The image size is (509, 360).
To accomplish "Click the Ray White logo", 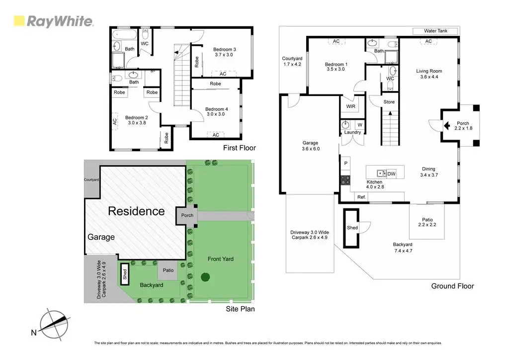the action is [x=53, y=21].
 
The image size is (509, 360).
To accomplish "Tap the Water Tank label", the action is [x=435, y=31].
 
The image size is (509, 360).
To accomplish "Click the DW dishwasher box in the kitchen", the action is [x=391, y=174].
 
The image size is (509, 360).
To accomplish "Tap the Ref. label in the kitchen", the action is [x=361, y=197].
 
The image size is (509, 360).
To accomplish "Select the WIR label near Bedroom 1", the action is [x=350, y=106].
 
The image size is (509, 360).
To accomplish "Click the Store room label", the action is [x=389, y=102].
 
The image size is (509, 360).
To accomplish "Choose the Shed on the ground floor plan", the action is [x=352, y=228].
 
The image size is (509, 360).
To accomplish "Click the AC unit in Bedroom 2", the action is [x=115, y=121].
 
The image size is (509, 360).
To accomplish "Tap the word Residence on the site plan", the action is [x=136, y=211].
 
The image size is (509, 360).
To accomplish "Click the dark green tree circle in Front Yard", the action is [x=205, y=277].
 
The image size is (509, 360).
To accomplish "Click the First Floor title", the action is [x=239, y=148].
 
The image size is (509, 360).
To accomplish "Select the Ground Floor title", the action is [x=453, y=286].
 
